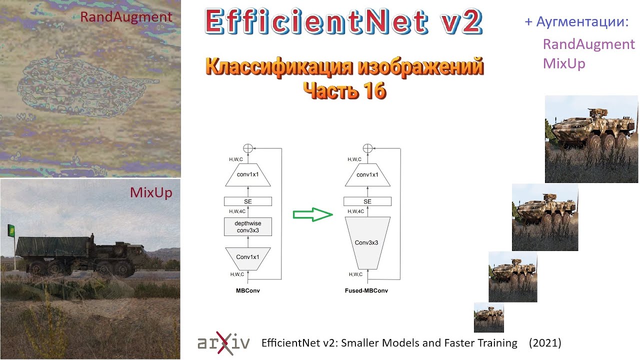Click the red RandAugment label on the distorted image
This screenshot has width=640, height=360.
coord(126,17)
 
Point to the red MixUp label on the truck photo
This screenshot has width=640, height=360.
coord(151,192)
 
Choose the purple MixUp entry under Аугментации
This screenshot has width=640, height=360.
coord(563,64)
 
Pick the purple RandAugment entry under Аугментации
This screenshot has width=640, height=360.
coord(588,44)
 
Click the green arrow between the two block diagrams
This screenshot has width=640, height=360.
coord(312,214)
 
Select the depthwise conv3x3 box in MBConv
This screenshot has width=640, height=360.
coord(248,226)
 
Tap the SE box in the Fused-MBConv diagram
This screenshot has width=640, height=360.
coord(367,201)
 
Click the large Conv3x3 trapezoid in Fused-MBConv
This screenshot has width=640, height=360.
coord(367,242)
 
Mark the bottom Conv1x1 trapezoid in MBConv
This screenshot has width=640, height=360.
coord(248,257)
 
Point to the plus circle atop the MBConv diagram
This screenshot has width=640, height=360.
coord(248,147)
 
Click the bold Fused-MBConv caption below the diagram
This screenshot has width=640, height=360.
coord(366,290)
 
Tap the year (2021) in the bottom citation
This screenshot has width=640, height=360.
coord(545,343)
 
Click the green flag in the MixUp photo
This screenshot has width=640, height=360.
coord(11,230)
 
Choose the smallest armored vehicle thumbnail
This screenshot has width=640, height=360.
coord(488,317)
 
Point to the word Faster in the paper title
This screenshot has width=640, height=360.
coord(455,343)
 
